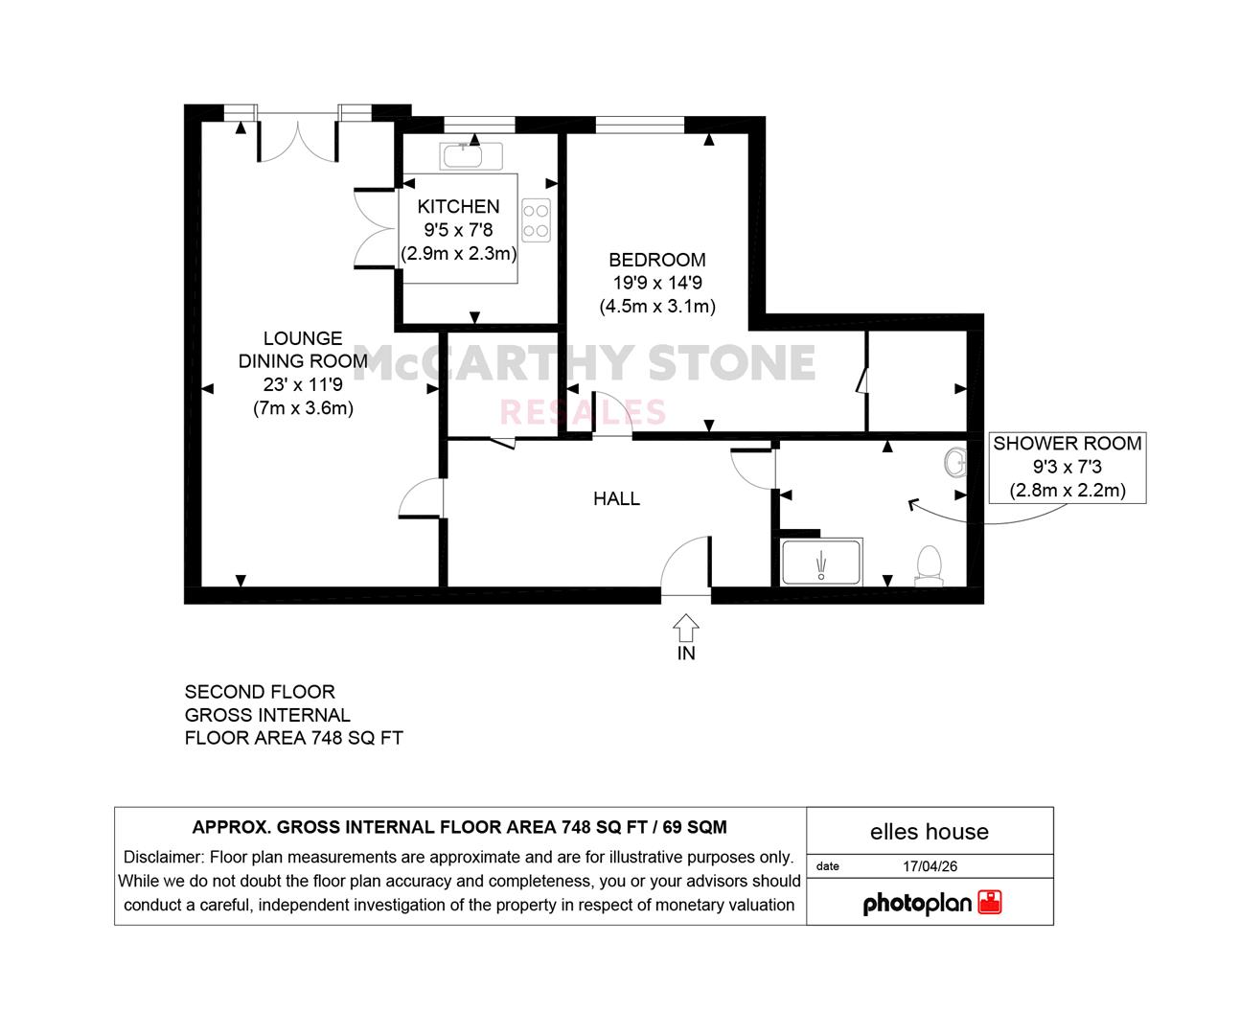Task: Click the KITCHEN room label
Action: [x=458, y=207]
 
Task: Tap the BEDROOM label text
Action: [x=656, y=260]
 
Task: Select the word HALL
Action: [x=616, y=498]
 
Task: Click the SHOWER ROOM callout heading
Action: [x=1068, y=444]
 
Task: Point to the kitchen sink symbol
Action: [x=471, y=156]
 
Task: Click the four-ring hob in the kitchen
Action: [x=536, y=220]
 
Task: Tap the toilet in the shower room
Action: [x=929, y=565]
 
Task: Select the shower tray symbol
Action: [x=822, y=563]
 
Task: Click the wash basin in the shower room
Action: [x=955, y=462]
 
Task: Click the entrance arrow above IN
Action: [x=686, y=628]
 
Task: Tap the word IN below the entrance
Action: [x=686, y=654]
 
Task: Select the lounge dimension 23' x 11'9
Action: [x=303, y=385]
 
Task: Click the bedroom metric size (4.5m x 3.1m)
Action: [x=657, y=307]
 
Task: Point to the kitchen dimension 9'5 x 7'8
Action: [x=458, y=230]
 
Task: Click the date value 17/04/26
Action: [x=930, y=866]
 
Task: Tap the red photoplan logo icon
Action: [x=990, y=902]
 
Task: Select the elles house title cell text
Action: [x=930, y=832]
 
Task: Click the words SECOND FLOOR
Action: [x=260, y=692]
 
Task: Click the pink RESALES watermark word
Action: [x=583, y=413]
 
